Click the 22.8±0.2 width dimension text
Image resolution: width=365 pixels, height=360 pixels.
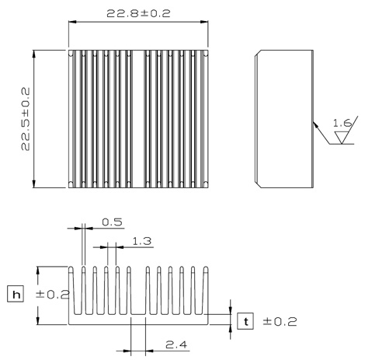tap(138, 13)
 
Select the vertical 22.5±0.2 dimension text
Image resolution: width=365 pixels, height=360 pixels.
tap(26, 119)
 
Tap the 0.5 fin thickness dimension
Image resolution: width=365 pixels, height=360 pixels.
tap(112, 222)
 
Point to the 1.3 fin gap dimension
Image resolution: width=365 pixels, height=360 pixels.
tap(141, 241)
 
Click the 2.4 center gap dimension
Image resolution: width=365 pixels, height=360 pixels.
tap(176, 344)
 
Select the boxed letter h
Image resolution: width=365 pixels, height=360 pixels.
tap(16, 294)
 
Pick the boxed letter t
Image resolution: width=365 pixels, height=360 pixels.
tap(245, 321)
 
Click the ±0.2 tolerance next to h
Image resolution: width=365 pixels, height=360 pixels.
tap(53, 295)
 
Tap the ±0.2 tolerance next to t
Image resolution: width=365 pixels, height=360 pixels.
tap(280, 322)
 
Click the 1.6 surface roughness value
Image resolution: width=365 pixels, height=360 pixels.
tap(342, 123)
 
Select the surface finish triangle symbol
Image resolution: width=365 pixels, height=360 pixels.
tap(342, 138)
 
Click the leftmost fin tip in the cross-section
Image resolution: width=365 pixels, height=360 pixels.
tap(71, 270)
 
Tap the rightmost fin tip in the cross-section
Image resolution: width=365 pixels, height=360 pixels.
tap(206, 270)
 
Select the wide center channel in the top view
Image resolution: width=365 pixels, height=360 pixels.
tap(138, 119)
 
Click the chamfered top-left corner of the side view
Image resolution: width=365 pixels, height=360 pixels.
tap(258, 53)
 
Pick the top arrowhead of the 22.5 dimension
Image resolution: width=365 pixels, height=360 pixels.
tap(33, 54)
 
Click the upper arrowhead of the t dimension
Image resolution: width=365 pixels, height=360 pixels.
tap(231, 309)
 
